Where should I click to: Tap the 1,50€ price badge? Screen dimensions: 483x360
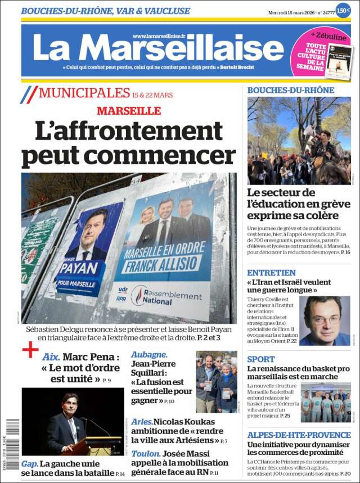[x=343, y=11]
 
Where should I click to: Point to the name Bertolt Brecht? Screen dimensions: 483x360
[x=237, y=68]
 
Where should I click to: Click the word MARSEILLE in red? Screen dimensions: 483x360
[x=129, y=111]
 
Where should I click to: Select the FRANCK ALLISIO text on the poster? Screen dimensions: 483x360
[x=164, y=263]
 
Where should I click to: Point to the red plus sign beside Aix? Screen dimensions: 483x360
[x=30, y=350]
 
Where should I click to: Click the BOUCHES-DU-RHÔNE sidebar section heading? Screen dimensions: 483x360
[x=291, y=90]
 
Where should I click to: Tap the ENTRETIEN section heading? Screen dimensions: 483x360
[x=271, y=273]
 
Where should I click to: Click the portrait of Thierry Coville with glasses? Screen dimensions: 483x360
[x=324, y=321]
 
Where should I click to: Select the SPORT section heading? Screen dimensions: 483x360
[x=261, y=359]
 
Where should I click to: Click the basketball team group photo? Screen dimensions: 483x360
[x=325, y=403]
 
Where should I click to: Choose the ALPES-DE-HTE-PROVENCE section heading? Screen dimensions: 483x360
[x=299, y=435]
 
